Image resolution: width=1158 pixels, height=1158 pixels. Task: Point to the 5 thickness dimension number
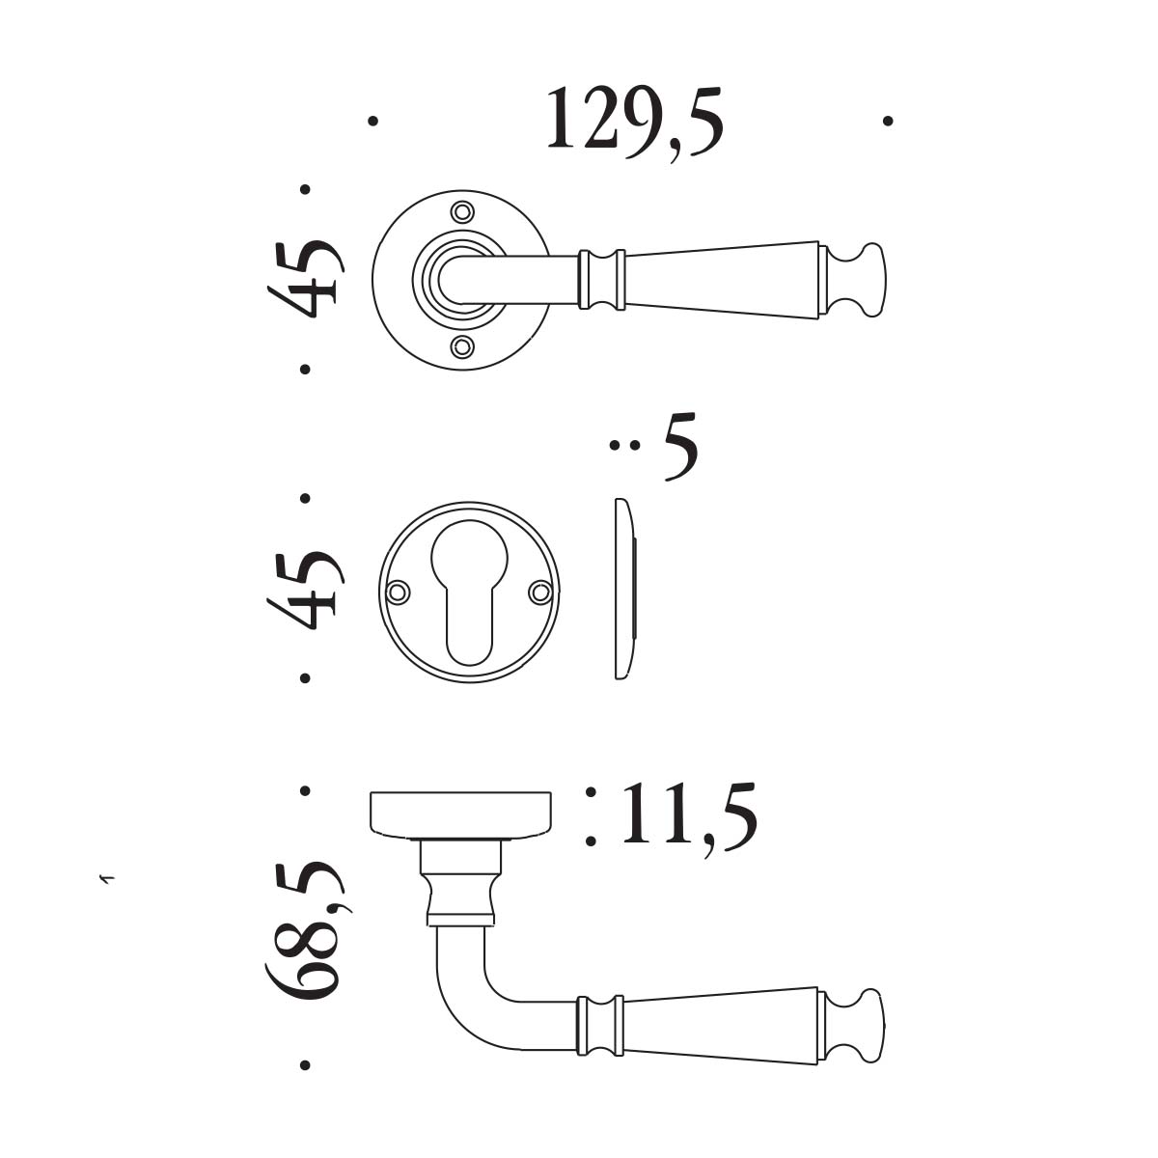[x=681, y=447]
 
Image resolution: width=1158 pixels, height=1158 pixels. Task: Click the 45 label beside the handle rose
[x=306, y=279]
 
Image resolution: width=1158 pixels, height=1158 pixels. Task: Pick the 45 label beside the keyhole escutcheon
[x=306, y=591]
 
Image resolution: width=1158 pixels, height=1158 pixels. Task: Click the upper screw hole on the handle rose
[x=461, y=211]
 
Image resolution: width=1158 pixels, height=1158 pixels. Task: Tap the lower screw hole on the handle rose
[x=461, y=346]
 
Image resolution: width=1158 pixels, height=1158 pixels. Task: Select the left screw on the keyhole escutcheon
[x=398, y=592]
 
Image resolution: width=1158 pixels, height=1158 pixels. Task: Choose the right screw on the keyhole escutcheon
[x=540, y=592]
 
